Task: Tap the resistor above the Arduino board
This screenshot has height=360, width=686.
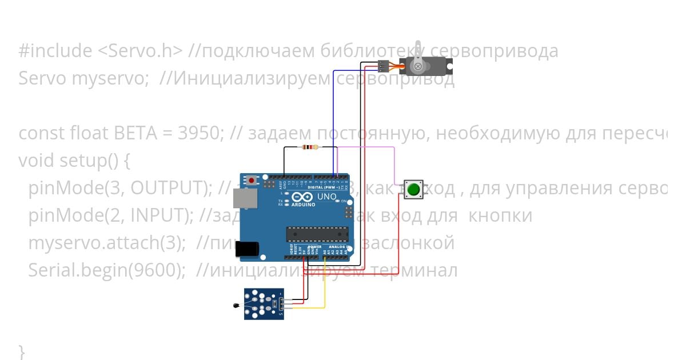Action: pos(309,147)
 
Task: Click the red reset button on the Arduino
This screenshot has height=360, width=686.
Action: pos(252,180)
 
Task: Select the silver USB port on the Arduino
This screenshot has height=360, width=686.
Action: pos(248,198)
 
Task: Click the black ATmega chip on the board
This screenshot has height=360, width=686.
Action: pos(317,234)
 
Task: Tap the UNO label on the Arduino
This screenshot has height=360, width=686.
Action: pos(327,197)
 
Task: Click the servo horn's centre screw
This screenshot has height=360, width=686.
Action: pos(418,67)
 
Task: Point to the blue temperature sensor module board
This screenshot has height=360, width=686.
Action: pos(264,303)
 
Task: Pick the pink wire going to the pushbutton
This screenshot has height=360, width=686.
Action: pos(394,163)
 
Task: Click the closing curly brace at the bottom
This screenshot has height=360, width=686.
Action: pos(22,350)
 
